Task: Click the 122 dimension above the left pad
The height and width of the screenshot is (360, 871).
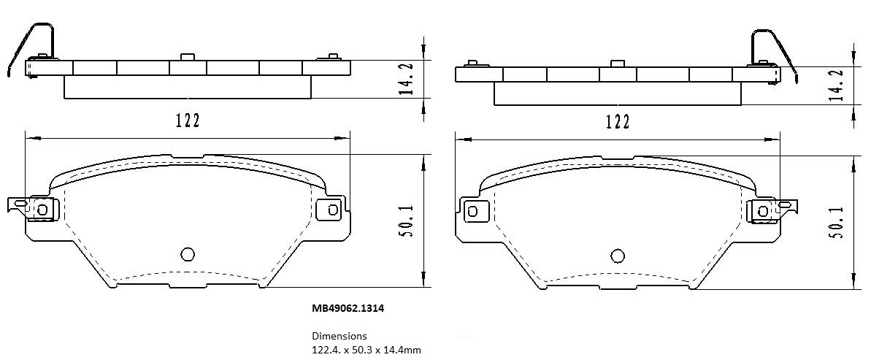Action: click(x=187, y=120)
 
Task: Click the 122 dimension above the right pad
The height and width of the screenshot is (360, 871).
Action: click(x=617, y=121)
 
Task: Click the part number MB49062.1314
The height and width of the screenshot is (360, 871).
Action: click(x=348, y=309)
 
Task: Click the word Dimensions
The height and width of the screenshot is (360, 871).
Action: click(x=339, y=337)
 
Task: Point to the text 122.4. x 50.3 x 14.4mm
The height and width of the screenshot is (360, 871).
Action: click(x=367, y=350)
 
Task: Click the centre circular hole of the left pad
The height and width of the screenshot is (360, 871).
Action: click(x=187, y=254)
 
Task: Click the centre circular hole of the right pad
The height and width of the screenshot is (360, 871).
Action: click(x=618, y=255)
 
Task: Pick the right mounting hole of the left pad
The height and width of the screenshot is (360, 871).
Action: click(x=333, y=210)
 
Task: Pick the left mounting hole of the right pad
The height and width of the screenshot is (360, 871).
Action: click(x=472, y=211)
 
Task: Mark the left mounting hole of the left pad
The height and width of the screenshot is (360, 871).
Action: click(x=42, y=210)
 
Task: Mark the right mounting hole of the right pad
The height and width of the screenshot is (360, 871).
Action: click(x=763, y=211)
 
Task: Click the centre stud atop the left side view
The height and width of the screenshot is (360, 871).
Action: click(x=187, y=56)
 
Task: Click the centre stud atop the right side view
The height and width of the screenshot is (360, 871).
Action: click(x=618, y=63)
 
